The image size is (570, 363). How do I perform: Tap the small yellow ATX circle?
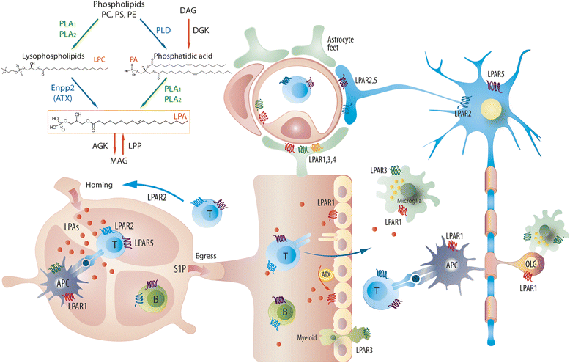pos(326,275)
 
